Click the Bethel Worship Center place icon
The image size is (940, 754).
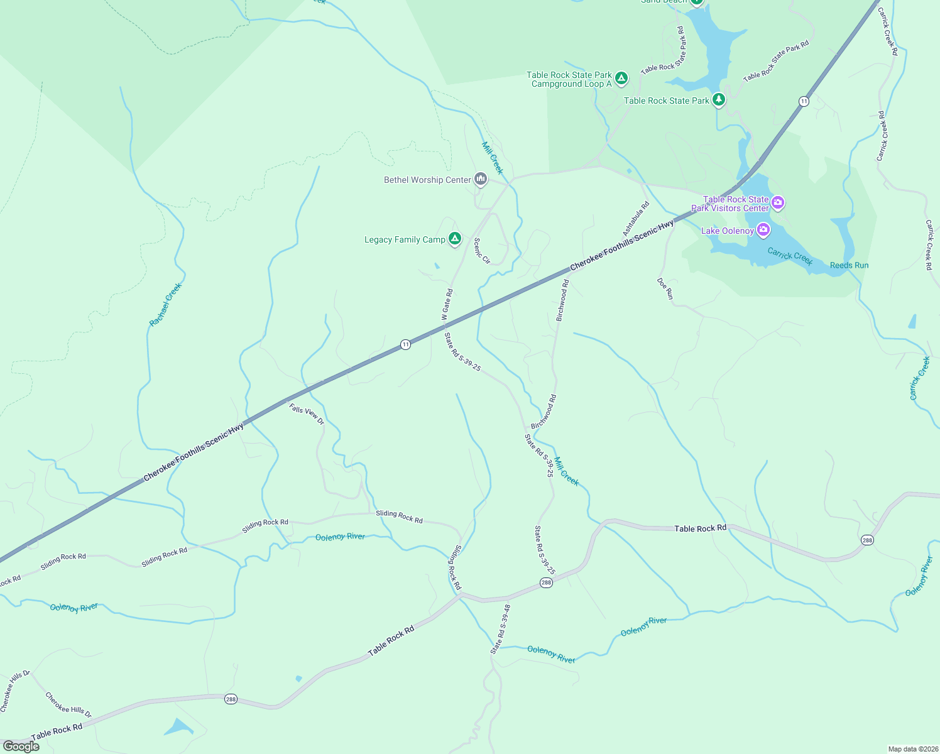[481, 180]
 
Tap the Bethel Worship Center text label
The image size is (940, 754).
[427, 180]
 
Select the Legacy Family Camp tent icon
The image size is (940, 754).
[455, 239]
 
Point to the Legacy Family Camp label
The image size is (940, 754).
[405, 240]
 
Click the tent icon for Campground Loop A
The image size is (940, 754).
[621, 78]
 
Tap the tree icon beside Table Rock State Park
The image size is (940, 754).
[719, 99]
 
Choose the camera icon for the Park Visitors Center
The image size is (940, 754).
[778, 202]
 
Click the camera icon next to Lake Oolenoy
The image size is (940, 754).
[763, 229]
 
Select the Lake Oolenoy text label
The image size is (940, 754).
[727, 231]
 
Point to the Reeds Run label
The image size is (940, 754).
[849, 265]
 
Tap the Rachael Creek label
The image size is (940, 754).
[165, 305]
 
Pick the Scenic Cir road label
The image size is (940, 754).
[481, 250]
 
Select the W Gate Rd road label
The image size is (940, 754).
[447, 305]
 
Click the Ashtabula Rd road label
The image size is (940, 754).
[635, 219]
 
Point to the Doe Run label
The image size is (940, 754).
[665, 288]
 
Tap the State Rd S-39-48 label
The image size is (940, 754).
[500, 629]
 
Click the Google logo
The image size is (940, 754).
[21, 746]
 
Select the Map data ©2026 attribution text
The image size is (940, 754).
[912, 749]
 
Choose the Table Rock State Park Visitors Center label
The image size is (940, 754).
[730, 204]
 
